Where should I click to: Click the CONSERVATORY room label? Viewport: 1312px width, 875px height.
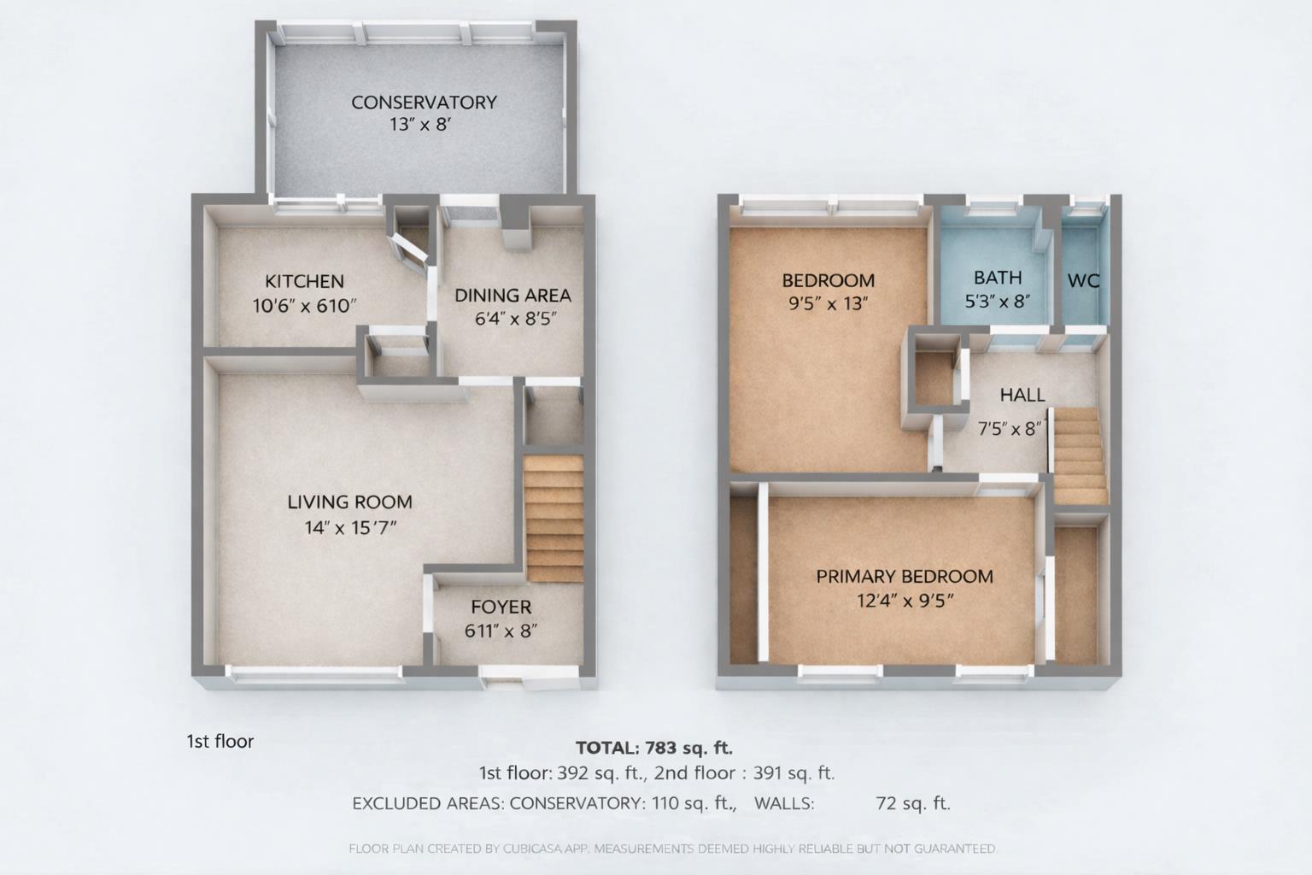click(x=424, y=103)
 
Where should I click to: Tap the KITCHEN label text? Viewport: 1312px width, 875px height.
click(x=304, y=281)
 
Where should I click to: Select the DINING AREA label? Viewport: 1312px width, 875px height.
click(x=512, y=296)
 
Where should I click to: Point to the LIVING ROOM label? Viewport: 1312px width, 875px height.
click(x=349, y=502)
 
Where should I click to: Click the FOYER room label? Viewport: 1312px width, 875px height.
click(x=501, y=608)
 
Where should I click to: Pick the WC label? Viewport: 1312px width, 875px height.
click(x=1083, y=280)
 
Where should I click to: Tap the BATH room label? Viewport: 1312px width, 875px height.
click(x=998, y=278)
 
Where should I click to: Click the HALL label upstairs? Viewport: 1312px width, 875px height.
click(x=1022, y=395)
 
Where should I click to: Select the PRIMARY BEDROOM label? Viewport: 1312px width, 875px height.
click(x=905, y=577)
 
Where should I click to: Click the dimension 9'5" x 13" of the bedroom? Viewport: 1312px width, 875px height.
click(x=828, y=303)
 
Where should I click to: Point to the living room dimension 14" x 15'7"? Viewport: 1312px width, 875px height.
click(x=350, y=528)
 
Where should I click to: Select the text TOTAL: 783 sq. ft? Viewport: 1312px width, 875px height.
click(x=654, y=749)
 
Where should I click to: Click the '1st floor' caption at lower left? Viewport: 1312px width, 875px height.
click(x=220, y=742)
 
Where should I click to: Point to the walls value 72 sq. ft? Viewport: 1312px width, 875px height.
click(x=913, y=803)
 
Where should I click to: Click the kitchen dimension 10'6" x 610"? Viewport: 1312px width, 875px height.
click(x=304, y=306)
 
